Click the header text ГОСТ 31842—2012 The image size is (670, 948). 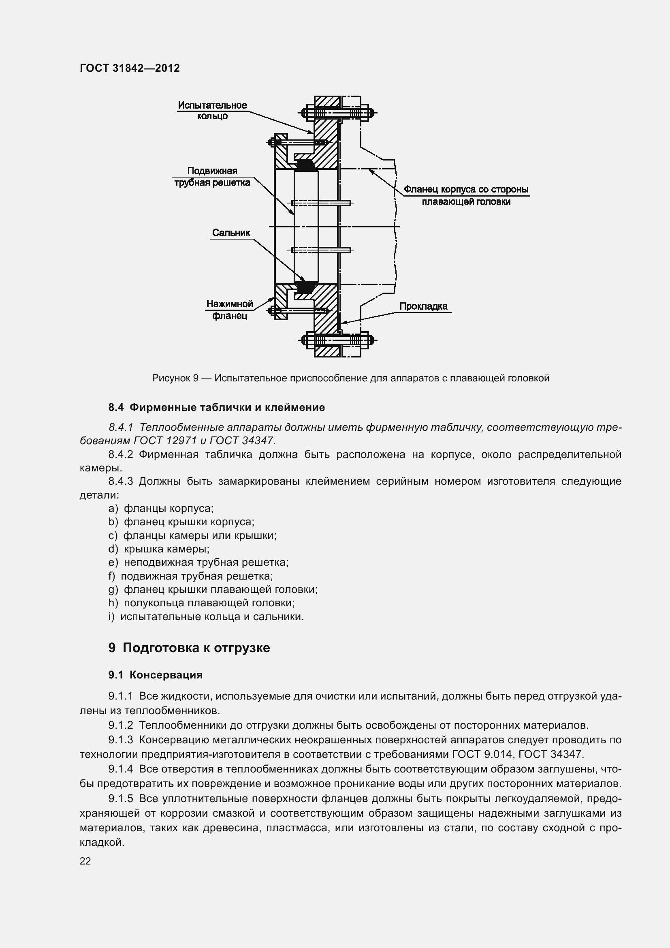[x=130, y=68]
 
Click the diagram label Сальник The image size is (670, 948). [x=231, y=233]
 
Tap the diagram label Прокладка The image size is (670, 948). [x=423, y=306]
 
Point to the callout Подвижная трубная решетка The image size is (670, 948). [x=212, y=177]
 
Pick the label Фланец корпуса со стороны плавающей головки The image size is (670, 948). [x=466, y=195]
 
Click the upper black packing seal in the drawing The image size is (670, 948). [x=306, y=165]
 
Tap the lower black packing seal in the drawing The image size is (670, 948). [x=306, y=287]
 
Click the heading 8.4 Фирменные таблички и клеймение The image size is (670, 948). [x=217, y=407]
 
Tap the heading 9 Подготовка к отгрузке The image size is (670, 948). [x=189, y=647]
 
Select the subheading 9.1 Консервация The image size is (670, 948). [x=156, y=675]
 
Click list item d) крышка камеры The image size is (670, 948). [x=159, y=549]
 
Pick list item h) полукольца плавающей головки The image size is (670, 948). [x=201, y=602]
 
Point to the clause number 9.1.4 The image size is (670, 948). [x=120, y=768]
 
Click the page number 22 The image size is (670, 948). [x=85, y=861]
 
